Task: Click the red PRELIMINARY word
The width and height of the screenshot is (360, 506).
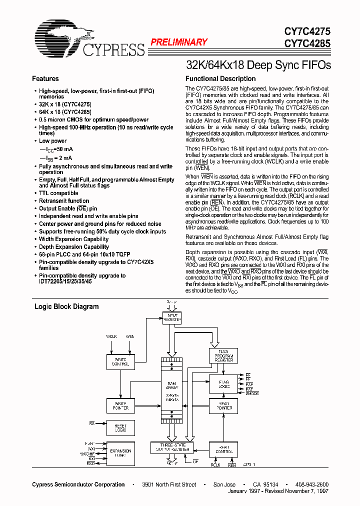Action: click(x=178, y=43)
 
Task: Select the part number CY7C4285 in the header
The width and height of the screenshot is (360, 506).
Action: click(x=307, y=44)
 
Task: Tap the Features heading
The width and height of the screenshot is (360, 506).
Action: click(x=45, y=79)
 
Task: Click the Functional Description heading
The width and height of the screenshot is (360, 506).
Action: click(x=220, y=79)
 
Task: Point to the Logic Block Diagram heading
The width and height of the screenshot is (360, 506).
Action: click(x=66, y=307)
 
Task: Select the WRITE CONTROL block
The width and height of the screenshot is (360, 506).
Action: click(x=120, y=361)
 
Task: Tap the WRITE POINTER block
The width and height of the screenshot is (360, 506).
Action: click(x=120, y=406)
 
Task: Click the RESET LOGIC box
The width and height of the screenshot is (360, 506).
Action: click(x=120, y=428)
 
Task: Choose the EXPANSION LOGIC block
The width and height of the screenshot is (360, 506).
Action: click(x=120, y=453)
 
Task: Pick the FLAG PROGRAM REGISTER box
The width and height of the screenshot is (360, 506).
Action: click(x=223, y=356)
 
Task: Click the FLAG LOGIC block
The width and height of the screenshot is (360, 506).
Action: click(x=223, y=384)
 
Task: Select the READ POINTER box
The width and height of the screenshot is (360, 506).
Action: click(x=223, y=406)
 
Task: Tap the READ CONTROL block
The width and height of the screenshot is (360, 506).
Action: click(x=223, y=449)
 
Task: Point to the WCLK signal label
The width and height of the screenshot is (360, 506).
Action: click(x=111, y=336)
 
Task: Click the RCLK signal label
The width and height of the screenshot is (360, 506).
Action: click(x=215, y=465)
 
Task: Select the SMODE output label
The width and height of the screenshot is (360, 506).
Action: click(x=252, y=393)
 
